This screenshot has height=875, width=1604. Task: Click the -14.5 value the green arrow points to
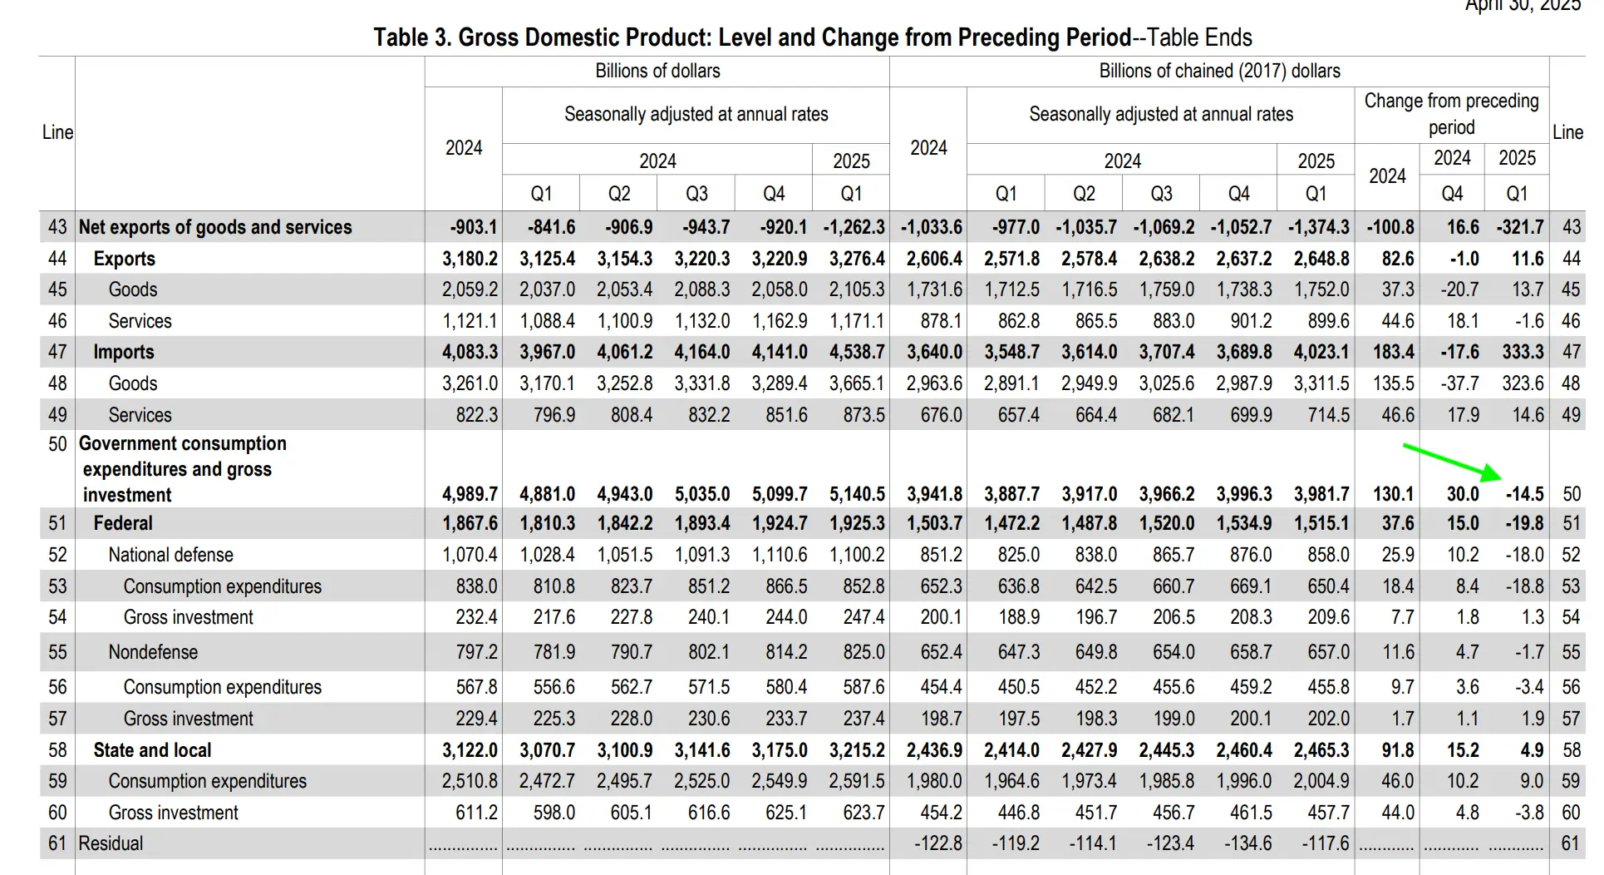click(1524, 494)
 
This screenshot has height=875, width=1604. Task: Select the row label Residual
click(111, 843)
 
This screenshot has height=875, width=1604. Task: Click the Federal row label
click(123, 523)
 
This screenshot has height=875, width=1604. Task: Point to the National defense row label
click(170, 555)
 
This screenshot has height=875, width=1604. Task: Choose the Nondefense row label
click(153, 652)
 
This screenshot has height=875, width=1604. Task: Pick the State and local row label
click(152, 750)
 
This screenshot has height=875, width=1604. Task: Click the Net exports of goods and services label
click(215, 227)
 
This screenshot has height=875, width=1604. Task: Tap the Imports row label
click(124, 352)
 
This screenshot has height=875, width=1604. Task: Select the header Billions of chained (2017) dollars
click(1219, 71)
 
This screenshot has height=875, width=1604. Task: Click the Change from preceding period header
click(1451, 114)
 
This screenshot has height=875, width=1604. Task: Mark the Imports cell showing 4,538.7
click(857, 352)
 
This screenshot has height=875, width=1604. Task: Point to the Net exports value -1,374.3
click(1319, 227)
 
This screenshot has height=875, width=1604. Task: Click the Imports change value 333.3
click(1523, 352)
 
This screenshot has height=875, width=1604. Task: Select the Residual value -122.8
click(938, 843)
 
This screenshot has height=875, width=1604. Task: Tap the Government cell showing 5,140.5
click(857, 494)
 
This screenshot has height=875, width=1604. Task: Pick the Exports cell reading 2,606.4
click(934, 259)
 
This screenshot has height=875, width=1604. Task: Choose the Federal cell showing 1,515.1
click(1321, 523)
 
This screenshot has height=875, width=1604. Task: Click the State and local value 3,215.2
click(857, 750)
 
